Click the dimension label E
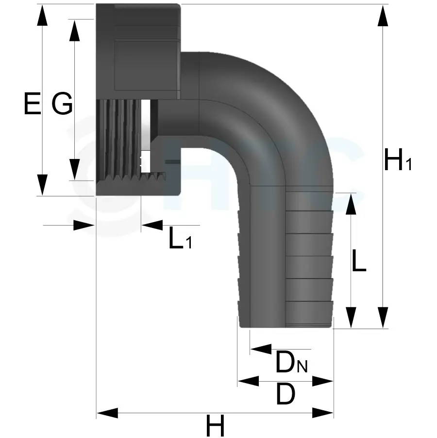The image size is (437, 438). pos(32,105)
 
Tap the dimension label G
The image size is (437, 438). pos(62,105)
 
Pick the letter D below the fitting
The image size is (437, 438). pos(285,395)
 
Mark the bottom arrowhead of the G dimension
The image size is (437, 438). pos(75,171)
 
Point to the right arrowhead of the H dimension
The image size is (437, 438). pos(323,414)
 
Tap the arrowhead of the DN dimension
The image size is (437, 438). pos(260,349)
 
